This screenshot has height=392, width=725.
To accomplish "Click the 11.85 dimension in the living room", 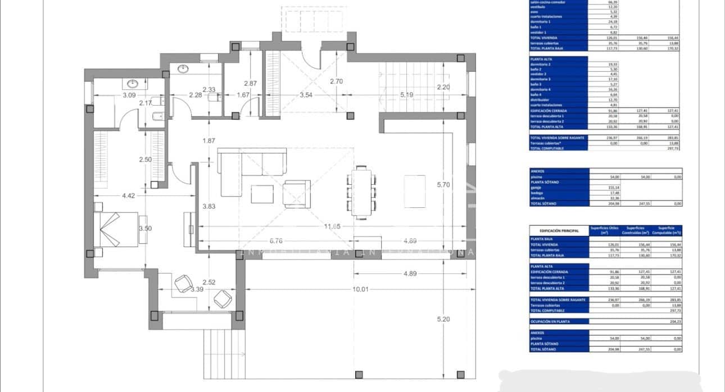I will click(x=333, y=226).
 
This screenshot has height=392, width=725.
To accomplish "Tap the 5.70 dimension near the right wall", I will click(x=444, y=184).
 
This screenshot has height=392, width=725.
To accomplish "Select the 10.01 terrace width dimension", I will click(x=360, y=289).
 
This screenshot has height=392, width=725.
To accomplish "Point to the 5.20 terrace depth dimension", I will click(x=444, y=319).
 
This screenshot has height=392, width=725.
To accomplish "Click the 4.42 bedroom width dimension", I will click(x=128, y=195).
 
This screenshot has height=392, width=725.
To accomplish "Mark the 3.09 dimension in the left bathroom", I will click(x=129, y=95).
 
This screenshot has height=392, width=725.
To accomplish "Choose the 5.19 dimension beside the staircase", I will click(x=406, y=95).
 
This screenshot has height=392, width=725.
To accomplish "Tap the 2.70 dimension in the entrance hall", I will click(x=336, y=81).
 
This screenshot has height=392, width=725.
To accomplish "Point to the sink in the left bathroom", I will click(x=133, y=84).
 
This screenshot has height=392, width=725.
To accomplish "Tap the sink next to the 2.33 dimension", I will click(x=184, y=69).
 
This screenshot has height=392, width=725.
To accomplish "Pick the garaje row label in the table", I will click(x=536, y=188).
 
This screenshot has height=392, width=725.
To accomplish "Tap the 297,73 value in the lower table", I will click(x=673, y=311).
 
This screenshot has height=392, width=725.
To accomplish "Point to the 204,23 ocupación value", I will click(x=673, y=322).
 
